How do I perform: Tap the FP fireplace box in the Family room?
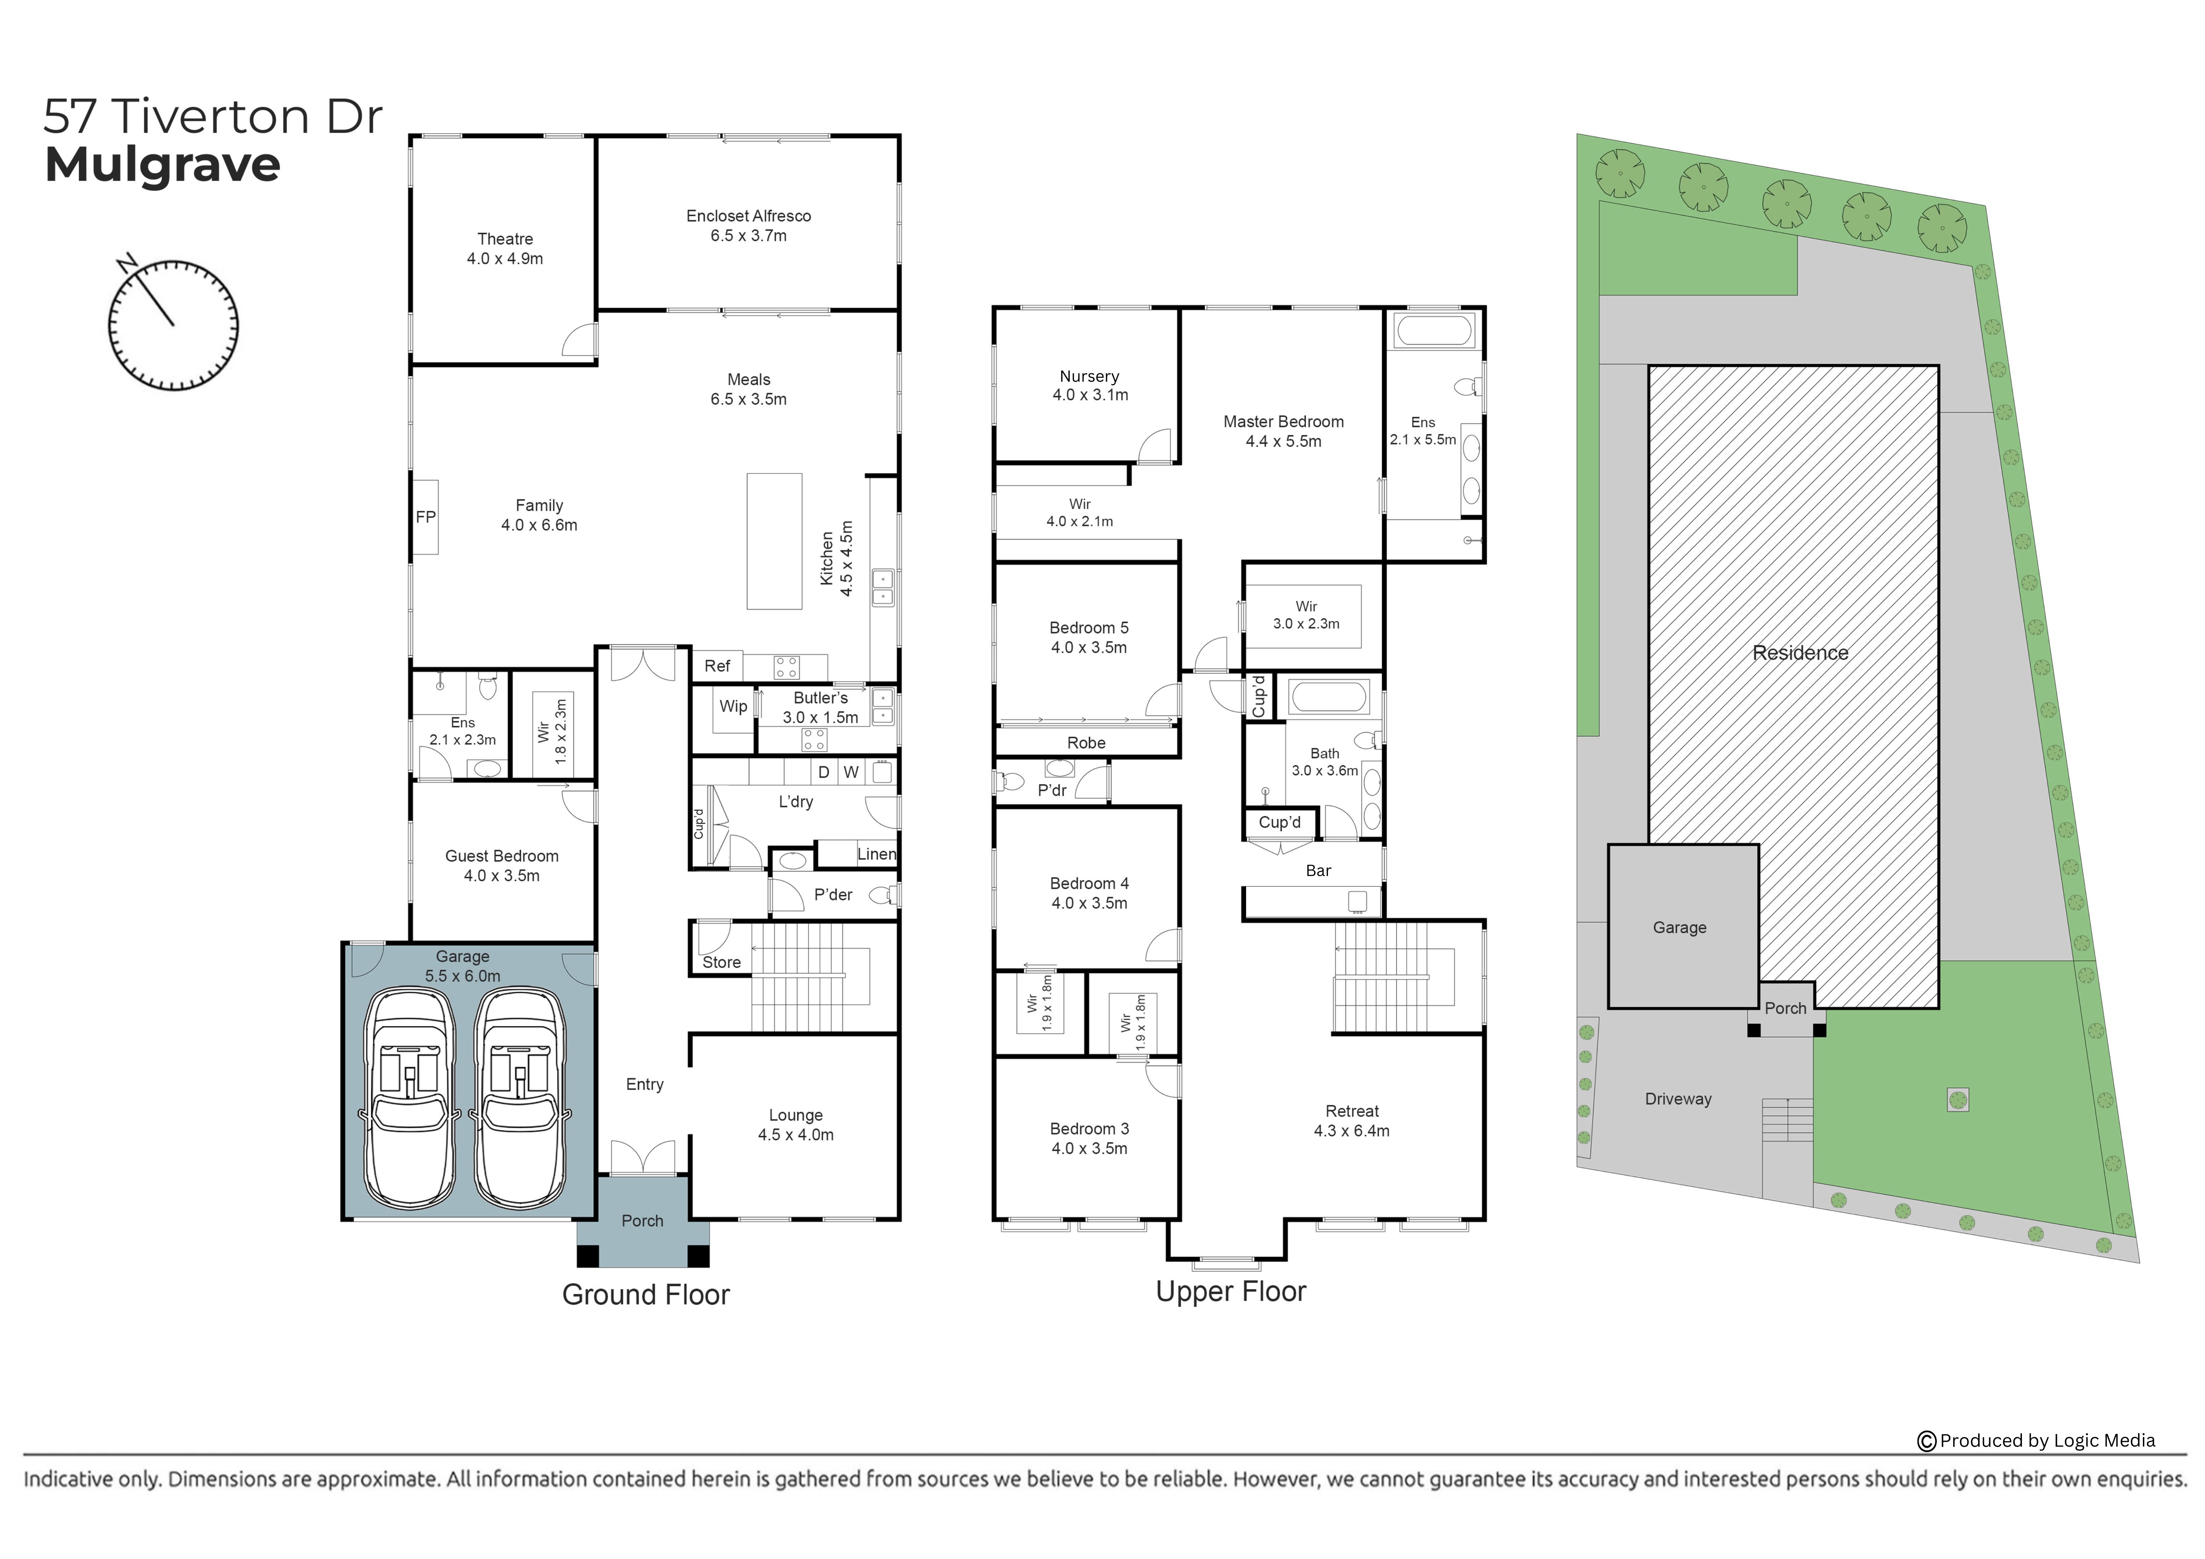click(x=425, y=517)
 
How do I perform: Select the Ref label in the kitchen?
click(x=717, y=666)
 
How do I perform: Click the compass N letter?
click(x=126, y=262)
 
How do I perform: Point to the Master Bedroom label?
click(x=1283, y=422)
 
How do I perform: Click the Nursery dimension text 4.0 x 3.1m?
click(x=1090, y=395)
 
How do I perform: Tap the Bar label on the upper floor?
click(x=1318, y=870)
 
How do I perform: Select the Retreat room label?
click(x=1352, y=1111)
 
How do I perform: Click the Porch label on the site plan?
click(x=1785, y=1009)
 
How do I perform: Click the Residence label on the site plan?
click(x=1800, y=653)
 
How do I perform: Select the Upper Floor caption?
click(x=1231, y=1292)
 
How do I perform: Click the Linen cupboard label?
click(x=877, y=854)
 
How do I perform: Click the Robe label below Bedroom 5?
click(x=1086, y=743)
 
